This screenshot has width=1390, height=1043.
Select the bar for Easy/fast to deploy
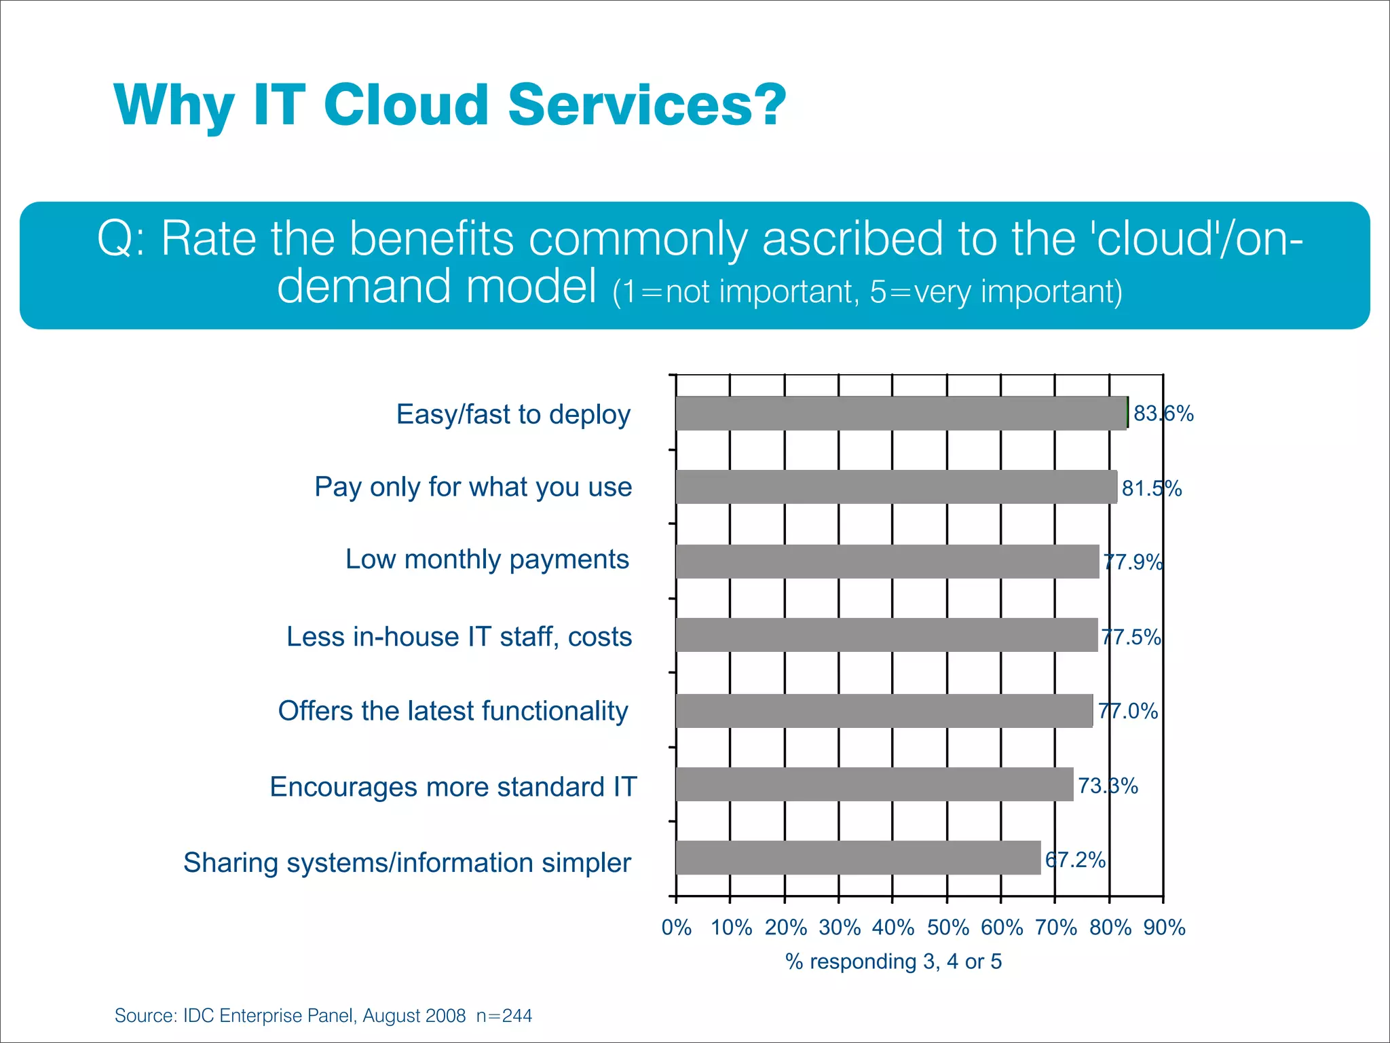[x=901, y=413]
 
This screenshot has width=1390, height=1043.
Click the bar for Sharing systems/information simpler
[x=858, y=858]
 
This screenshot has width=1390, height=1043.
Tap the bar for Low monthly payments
[x=887, y=562]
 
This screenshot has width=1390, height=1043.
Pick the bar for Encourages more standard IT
[x=874, y=784]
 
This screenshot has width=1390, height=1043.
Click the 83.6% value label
[x=1163, y=414]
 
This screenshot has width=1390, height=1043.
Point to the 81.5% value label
[x=1152, y=488]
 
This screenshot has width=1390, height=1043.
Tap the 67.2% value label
[x=1076, y=860]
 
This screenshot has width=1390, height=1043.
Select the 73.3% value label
[x=1108, y=786]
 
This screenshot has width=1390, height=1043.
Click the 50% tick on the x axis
[x=947, y=928]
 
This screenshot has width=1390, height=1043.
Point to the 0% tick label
[x=677, y=928]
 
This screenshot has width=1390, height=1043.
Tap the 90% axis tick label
[x=1164, y=928]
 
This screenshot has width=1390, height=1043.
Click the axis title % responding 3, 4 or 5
[x=893, y=962]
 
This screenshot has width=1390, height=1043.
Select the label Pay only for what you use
[x=473, y=488]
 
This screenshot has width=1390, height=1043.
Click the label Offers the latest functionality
[x=453, y=711]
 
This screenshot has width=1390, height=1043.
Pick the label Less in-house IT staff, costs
[x=459, y=637]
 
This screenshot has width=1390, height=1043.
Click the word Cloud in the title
[x=406, y=105]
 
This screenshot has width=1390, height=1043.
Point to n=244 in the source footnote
[x=504, y=1016]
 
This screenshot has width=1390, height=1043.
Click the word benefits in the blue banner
[x=432, y=239]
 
